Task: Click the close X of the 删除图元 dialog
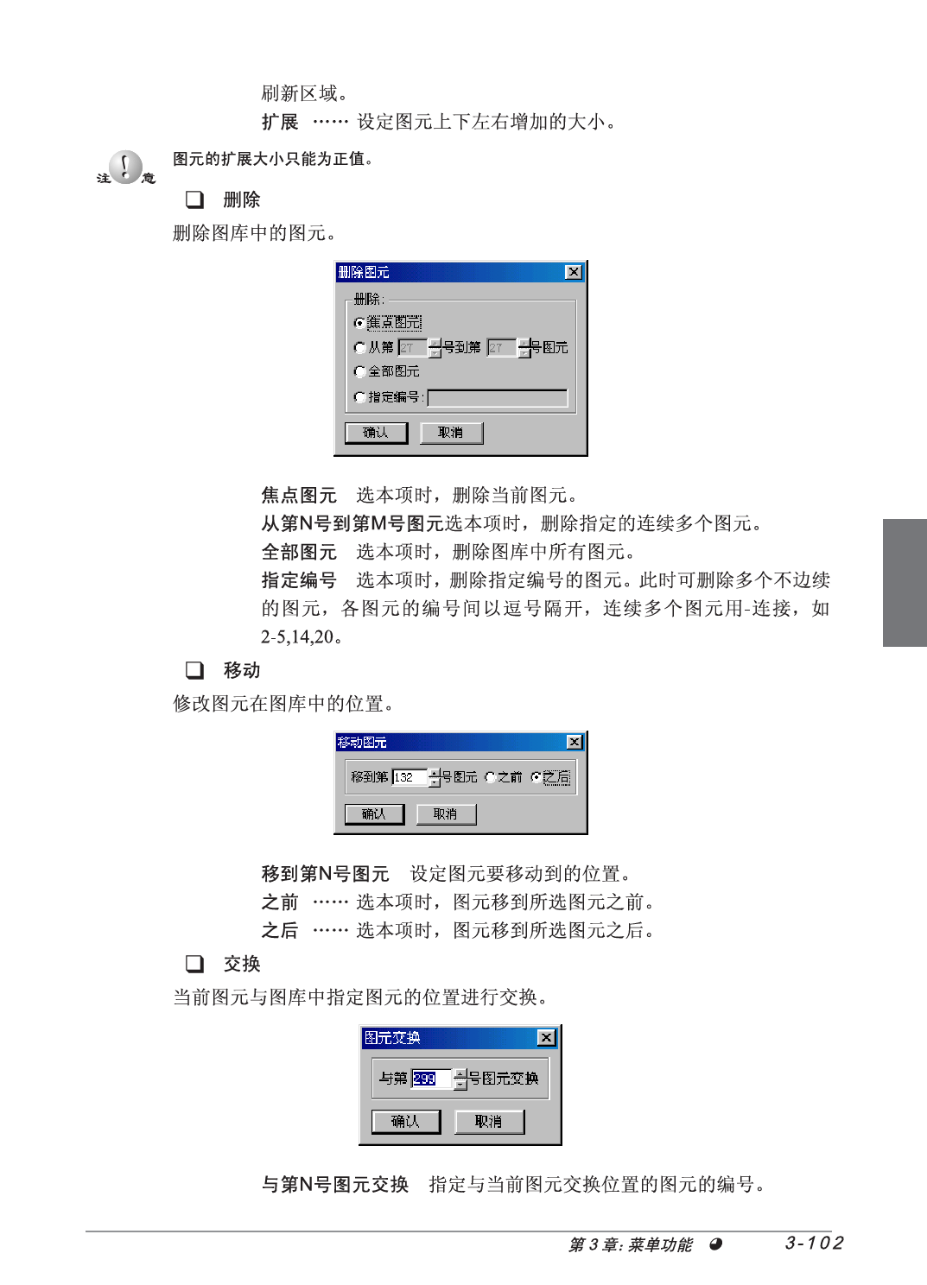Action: click(574, 272)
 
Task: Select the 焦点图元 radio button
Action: click(359, 323)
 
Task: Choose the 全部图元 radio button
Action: click(359, 371)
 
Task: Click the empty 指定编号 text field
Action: click(498, 397)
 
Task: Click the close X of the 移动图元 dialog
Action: click(574, 743)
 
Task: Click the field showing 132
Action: click(410, 777)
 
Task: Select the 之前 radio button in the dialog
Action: click(490, 777)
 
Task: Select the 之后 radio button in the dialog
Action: click(536, 777)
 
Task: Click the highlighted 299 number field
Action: click(432, 1079)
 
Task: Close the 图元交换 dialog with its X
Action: click(547, 1037)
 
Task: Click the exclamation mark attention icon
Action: click(126, 167)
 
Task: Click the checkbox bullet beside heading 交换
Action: click(194, 964)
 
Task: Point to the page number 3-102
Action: click(814, 1243)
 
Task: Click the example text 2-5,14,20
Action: click(297, 636)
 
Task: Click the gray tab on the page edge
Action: click(905, 583)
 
